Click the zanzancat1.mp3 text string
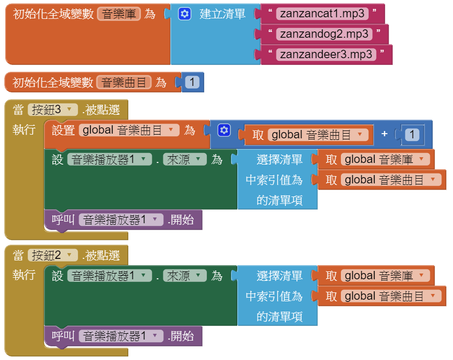[x=322, y=14]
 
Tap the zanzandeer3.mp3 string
[x=326, y=54]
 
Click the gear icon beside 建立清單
[x=185, y=14]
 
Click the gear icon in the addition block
[x=224, y=130]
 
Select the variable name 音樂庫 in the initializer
[x=119, y=14]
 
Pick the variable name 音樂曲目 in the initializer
[x=124, y=82]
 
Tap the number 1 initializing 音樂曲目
[x=192, y=82]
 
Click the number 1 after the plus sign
[x=412, y=135]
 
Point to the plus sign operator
[x=384, y=134]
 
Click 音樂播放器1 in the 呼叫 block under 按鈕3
[x=121, y=220]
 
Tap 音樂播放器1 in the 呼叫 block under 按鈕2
[x=121, y=336]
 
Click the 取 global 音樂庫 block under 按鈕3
[x=375, y=159]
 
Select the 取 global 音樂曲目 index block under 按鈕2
[x=381, y=296]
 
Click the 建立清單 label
[x=222, y=14]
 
